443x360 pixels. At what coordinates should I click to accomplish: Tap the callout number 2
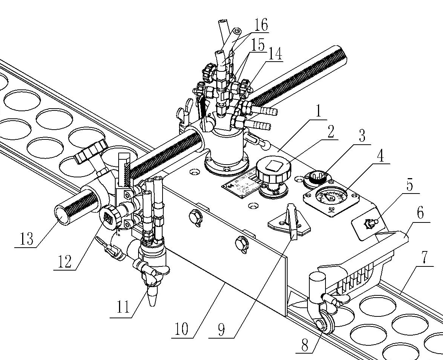[330, 133]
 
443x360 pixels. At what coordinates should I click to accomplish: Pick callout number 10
[182, 330]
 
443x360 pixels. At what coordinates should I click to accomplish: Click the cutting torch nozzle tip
[152, 299]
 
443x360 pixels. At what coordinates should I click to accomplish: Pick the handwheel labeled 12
[110, 218]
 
